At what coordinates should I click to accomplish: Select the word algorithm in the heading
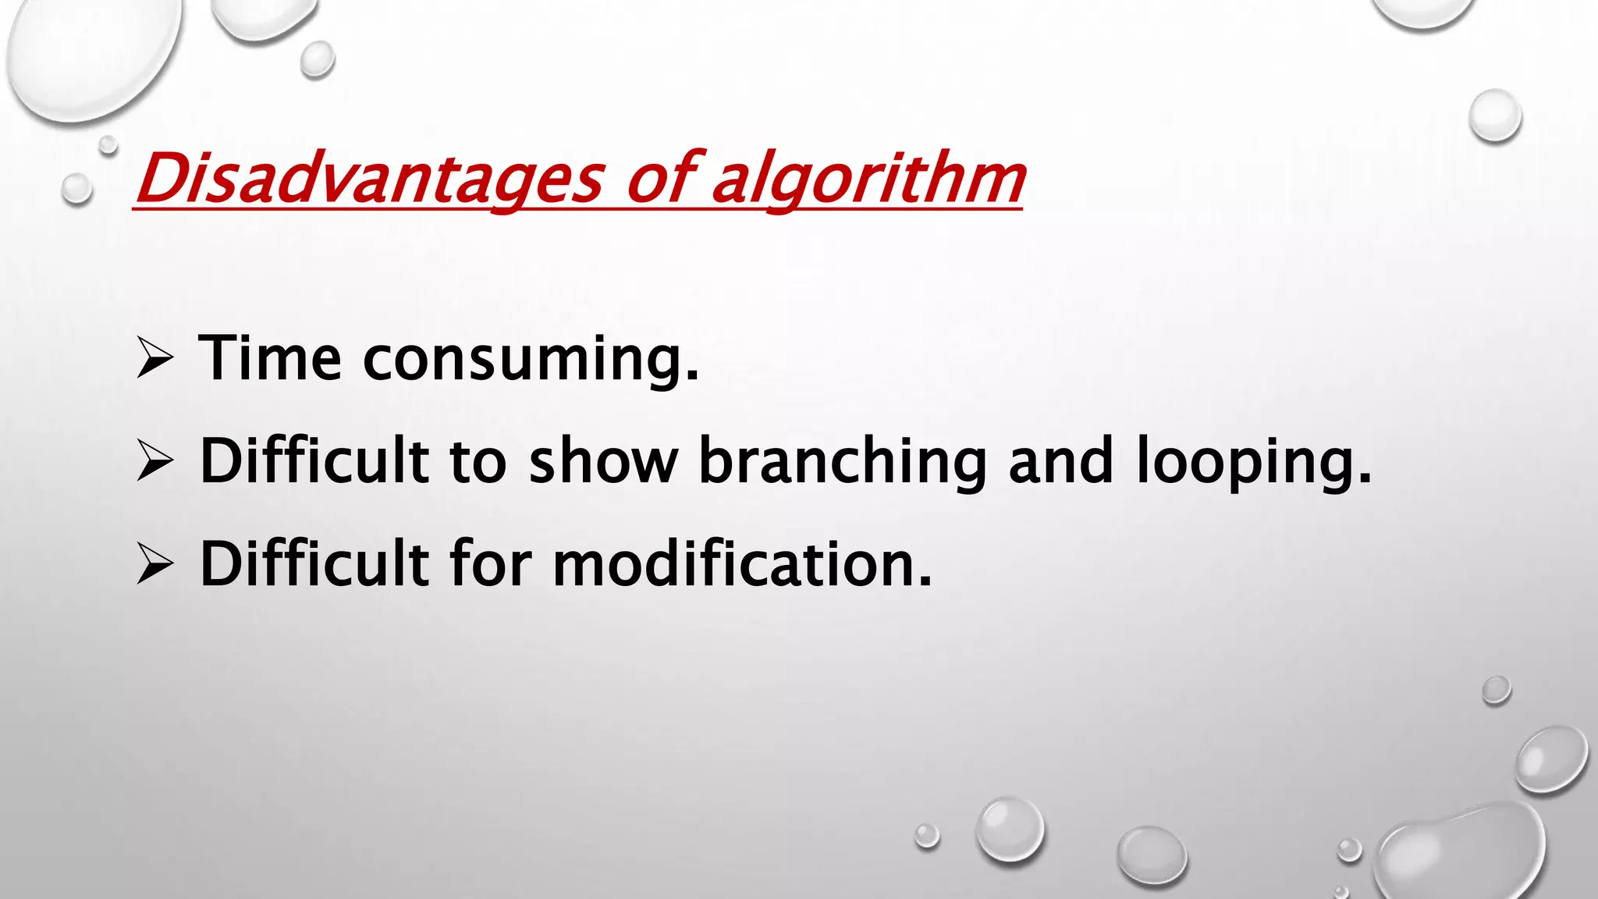tap(868, 179)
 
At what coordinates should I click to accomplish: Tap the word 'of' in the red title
tap(660, 179)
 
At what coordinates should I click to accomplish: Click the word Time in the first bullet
tap(270, 358)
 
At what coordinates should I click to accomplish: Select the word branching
tap(843, 462)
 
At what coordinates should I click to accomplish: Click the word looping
tap(1253, 462)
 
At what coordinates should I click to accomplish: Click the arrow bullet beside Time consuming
tap(154, 358)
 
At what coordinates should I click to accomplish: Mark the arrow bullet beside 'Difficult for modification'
tap(154, 563)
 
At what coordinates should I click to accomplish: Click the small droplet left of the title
tap(76, 188)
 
